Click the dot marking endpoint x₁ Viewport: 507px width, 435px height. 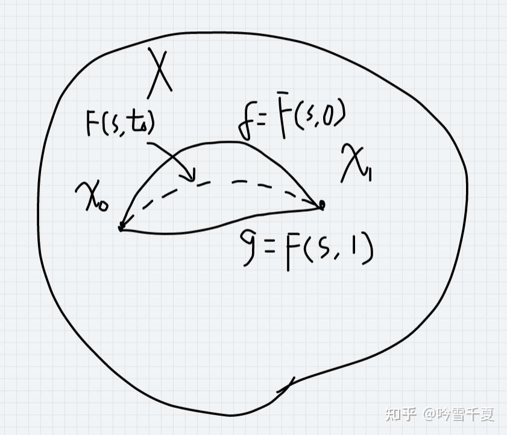pos(321,206)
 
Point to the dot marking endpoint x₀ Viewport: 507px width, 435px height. pos(121,227)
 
